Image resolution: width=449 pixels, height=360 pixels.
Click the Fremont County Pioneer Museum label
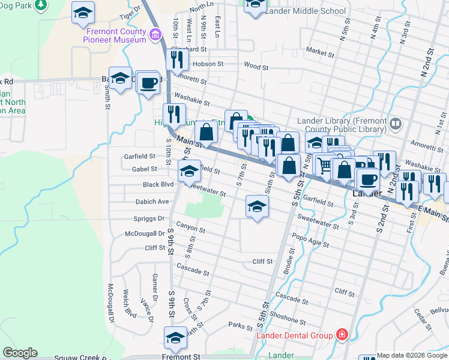[116, 35]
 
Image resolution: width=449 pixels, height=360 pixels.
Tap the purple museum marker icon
[156, 34]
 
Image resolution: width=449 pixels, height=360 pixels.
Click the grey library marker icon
[396, 124]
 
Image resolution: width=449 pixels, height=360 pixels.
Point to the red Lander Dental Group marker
[342, 334]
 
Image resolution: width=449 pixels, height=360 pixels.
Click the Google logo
[20, 352]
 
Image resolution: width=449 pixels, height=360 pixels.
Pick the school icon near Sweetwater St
[257, 207]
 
